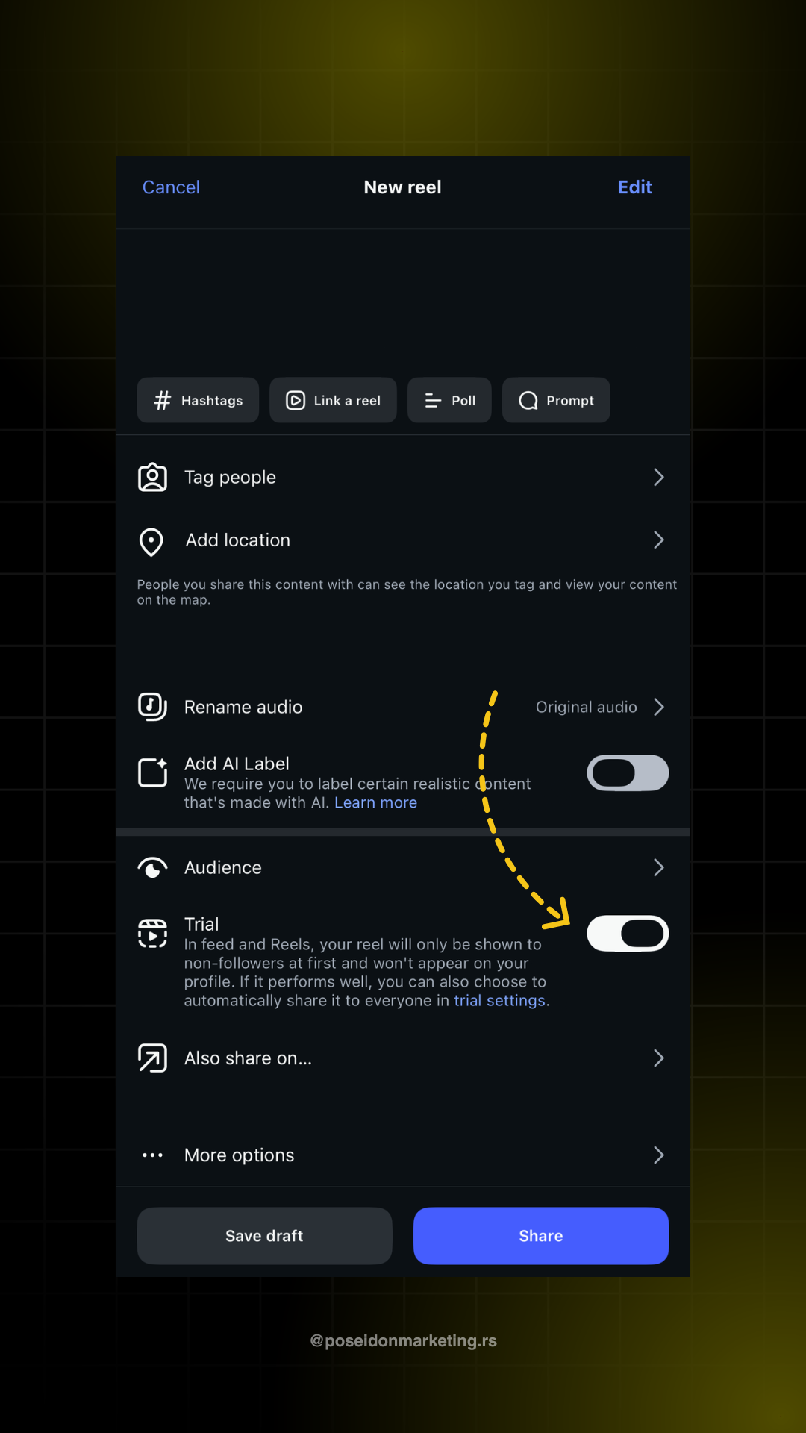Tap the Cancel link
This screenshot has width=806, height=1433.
(171, 187)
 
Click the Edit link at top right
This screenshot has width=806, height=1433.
(635, 187)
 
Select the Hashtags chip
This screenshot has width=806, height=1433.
(198, 400)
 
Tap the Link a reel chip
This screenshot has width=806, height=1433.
(333, 400)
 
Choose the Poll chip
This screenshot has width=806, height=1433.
(449, 400)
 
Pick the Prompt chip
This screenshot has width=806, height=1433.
(556, 400)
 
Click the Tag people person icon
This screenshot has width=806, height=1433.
(152, 477)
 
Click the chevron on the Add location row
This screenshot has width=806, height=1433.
(659, 540)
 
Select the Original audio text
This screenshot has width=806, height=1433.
(587, 707)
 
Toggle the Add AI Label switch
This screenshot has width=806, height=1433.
(628, 772)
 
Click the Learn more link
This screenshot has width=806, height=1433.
(375, 802)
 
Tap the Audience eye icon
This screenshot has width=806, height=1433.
(152, 867)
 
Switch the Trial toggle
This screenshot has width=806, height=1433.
(628, 933)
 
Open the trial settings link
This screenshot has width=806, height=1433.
(500, 1000)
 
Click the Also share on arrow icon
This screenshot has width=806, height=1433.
(152, 1058)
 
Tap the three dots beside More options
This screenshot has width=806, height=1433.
(152, 1155)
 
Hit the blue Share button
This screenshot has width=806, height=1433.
(541, 1236)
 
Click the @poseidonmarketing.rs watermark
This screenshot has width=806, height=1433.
(403, 1341)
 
